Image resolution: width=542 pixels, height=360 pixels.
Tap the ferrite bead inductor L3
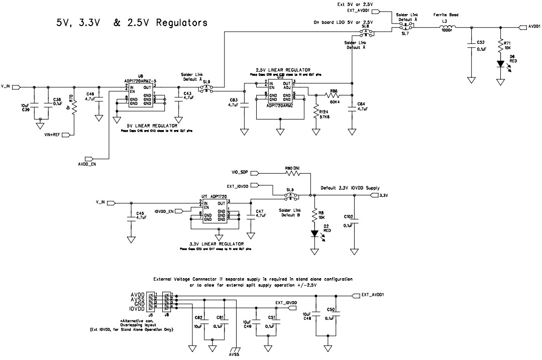pyautogui.click(x=446, y=26)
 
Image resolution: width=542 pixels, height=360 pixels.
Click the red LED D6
pyautogui.click(x=501, y=64)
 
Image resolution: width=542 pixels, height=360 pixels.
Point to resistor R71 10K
pyautogui.click(x=500, y=46)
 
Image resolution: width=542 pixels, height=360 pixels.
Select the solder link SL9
pyautogui.click(x=206, y=88)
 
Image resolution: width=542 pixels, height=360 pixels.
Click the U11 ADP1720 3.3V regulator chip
pyautogui.click(x=214, y=211)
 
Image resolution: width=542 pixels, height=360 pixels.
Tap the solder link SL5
pyautogui.click(x=290, y=195)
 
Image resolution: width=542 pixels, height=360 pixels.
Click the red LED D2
pyautogui.click(x=314, y=233)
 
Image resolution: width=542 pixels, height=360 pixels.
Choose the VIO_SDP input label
pyautogui.click(x=240, y=172)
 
